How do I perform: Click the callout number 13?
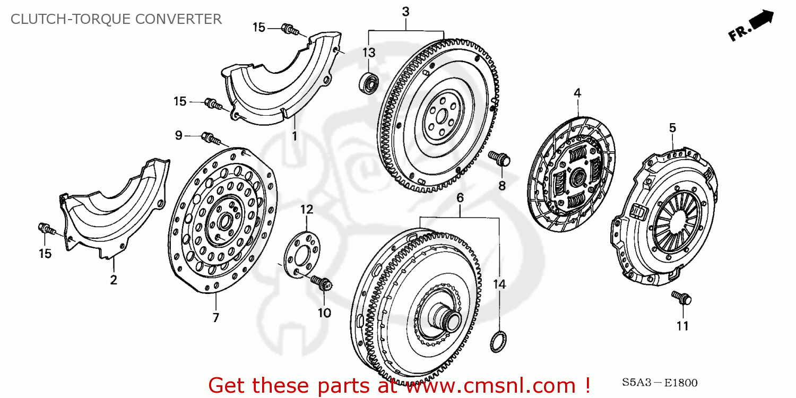369,53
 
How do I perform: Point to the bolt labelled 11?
680,298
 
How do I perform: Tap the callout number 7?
216,318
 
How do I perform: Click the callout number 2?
114,280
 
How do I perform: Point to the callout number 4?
577,93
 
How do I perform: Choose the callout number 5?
672,128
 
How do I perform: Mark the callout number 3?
405,12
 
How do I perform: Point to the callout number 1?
295,136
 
